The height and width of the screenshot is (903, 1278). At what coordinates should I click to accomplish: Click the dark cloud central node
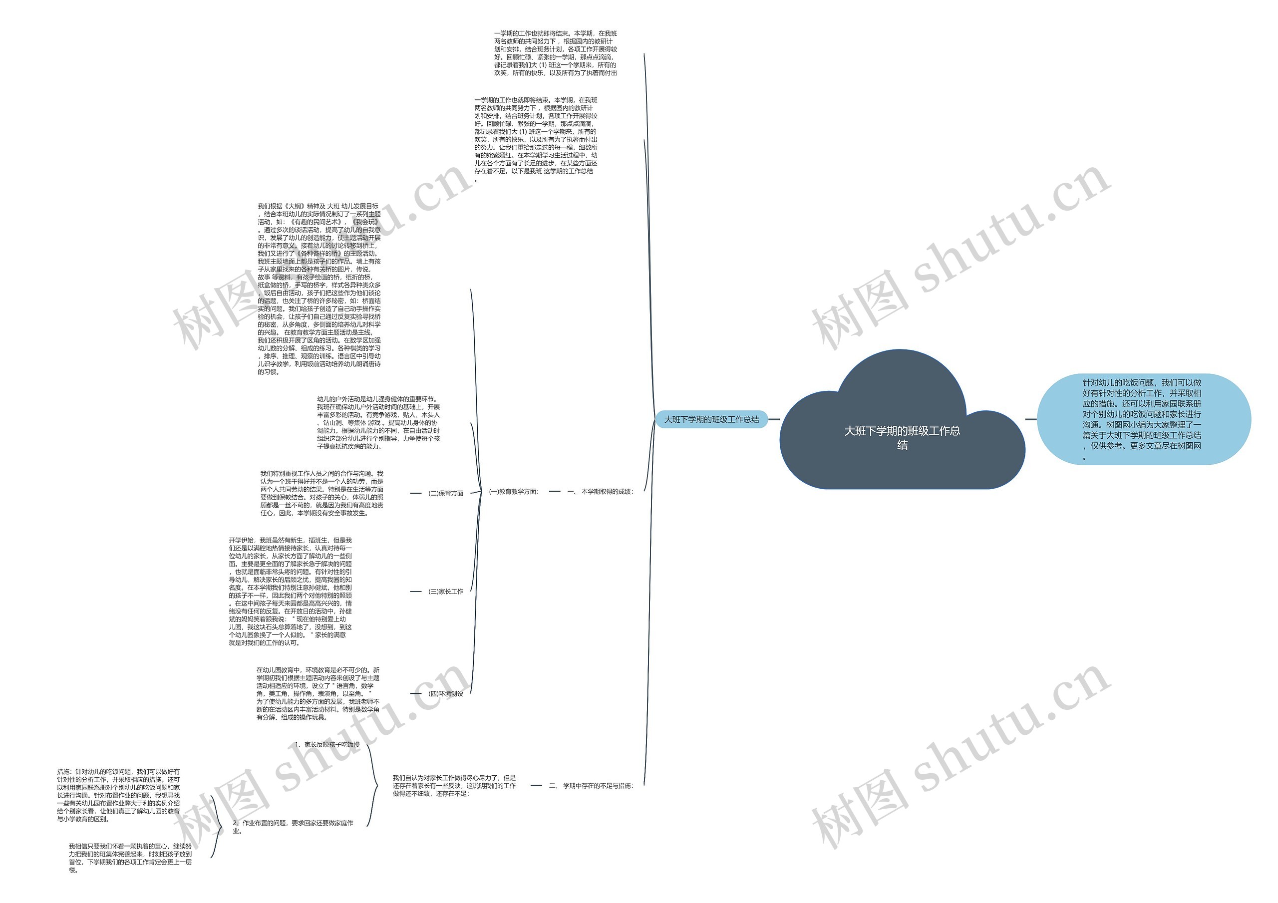click(902, 437)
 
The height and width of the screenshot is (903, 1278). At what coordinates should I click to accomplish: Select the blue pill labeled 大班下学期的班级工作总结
click(711, 419)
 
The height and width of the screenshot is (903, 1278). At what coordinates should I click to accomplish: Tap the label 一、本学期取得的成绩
click(600, 492)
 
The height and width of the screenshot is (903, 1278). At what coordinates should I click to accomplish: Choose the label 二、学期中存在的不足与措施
click(591, 786)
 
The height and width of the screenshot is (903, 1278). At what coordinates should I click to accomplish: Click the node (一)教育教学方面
click(514, 492)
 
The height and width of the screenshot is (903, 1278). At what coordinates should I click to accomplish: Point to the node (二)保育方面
click(446, 493)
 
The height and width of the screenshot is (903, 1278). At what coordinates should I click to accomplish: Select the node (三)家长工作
click(446, 591)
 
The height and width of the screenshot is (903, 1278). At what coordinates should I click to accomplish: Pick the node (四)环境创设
click(446, 694)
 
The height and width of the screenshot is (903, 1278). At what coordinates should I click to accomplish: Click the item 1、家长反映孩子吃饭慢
click(327, 744)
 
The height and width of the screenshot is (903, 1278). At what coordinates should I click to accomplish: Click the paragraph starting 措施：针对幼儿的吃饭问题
click(118, 795)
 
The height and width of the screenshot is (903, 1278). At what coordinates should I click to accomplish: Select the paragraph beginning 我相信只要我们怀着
click(130, 858)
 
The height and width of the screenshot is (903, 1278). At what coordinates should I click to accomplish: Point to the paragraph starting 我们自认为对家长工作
click(454, 786)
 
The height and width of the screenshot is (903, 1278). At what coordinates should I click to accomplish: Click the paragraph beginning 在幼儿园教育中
click(318, 694)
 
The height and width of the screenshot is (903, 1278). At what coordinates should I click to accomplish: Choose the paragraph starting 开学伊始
click(290, 591)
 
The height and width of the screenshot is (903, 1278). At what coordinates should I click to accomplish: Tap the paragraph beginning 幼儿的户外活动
click(378, 423)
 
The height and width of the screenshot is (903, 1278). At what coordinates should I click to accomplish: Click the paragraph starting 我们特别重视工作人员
click(321, 493)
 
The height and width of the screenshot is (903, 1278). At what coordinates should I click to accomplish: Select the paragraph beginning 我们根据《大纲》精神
click(319, 289)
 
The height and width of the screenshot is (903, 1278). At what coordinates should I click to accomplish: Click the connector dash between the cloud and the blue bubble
click(1030, 419)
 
